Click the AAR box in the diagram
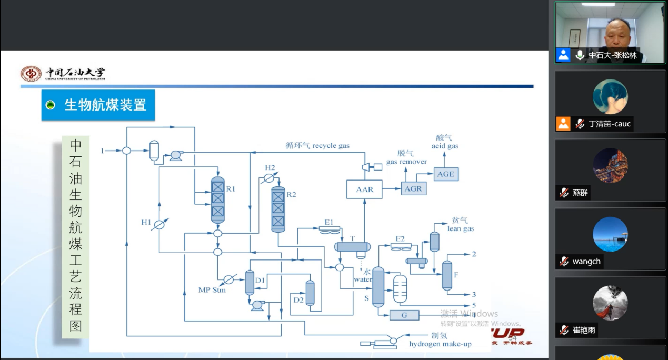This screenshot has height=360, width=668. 364,189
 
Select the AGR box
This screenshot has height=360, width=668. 414,188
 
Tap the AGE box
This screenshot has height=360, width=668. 445,174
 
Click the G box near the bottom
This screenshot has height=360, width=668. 404,315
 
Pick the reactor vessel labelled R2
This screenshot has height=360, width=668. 278,209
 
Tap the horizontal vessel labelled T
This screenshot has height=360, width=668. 353,247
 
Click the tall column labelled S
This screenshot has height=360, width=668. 378,287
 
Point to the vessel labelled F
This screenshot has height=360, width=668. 447,275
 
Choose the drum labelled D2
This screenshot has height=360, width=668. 310,293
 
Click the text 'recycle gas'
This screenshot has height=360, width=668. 331,146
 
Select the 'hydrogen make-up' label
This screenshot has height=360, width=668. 440,344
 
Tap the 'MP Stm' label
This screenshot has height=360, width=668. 212,290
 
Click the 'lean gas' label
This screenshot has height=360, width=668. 461,228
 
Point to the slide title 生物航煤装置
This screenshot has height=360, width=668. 105,105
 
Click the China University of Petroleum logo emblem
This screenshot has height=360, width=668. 31,74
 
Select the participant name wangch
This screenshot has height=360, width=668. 586,262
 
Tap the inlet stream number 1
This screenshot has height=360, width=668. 103,151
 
